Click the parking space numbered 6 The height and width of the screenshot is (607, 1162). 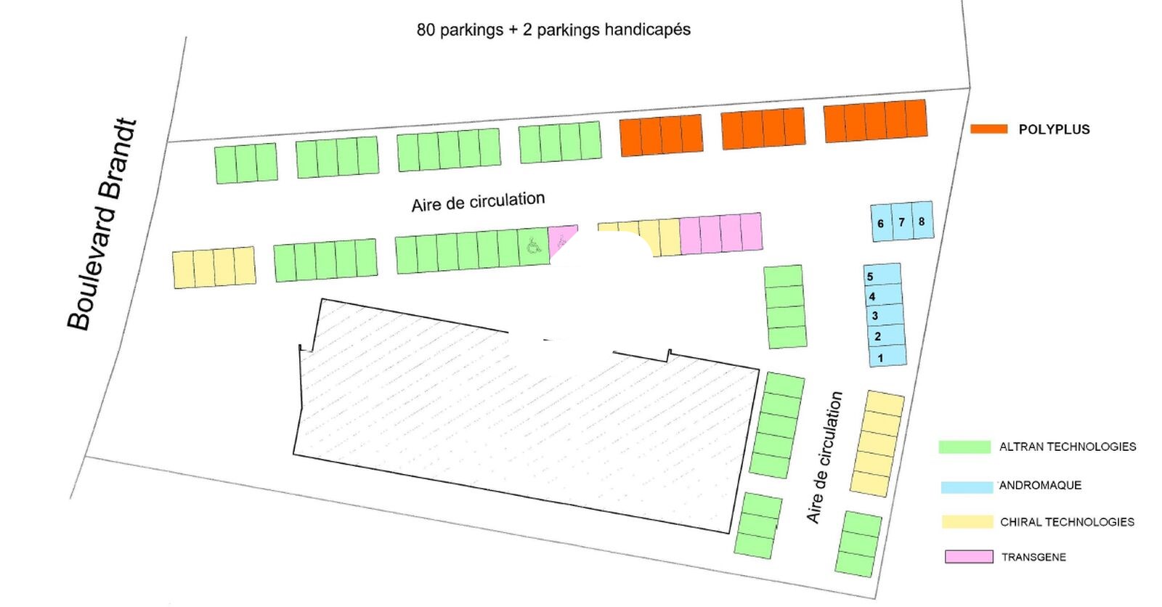click(880, 223)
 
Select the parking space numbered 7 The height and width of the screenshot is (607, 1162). click(901, 221)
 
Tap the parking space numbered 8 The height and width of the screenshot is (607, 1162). click(922, 221)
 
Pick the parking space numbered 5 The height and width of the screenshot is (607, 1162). click(882, 275)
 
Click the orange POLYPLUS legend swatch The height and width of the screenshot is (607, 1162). click(988, 129)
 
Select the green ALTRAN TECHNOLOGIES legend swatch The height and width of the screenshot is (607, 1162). click(964, 447)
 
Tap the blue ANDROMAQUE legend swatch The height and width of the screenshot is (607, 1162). click(967, 486)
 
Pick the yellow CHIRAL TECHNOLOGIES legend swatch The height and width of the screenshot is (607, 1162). click(967, 521)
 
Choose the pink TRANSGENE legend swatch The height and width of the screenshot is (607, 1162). click(969, 557)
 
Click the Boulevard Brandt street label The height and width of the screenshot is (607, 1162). click(102, 225)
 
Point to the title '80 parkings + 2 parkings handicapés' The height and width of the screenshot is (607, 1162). click(553, 30)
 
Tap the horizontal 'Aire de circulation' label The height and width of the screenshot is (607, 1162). click(478, 202)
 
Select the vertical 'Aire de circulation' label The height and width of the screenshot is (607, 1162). click(824, 457)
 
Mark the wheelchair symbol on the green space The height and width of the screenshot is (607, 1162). click(534, 248)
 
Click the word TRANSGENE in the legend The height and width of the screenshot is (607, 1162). click(1033, 557)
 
